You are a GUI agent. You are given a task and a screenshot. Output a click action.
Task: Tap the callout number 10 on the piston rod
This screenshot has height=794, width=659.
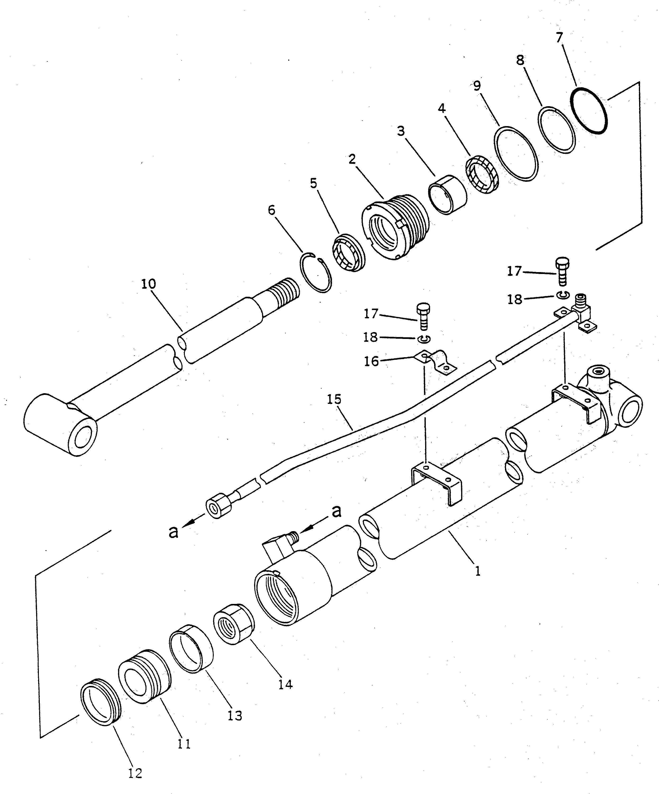(x=149, y=284)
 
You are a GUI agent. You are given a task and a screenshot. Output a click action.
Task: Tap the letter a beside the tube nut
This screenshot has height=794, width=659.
(x=173, y=532)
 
